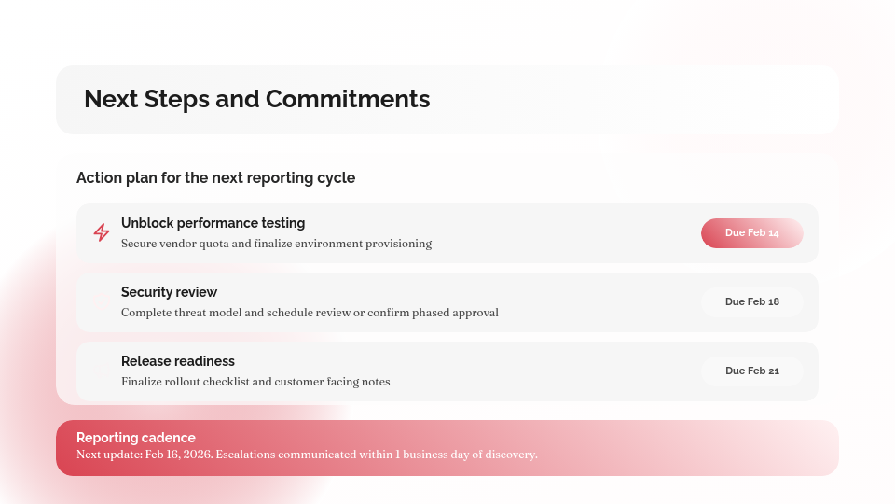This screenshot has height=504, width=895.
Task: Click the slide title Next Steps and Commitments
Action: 256,99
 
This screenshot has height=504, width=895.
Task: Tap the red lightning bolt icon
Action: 102,232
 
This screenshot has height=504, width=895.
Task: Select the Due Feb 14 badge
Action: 751,233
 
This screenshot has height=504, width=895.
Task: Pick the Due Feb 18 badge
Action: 751,302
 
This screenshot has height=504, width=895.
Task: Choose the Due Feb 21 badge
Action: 751,371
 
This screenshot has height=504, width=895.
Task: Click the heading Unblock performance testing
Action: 213,223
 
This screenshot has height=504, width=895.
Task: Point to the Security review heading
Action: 169,292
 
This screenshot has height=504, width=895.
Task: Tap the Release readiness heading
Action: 177,361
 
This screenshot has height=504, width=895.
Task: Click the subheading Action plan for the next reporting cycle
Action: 215,177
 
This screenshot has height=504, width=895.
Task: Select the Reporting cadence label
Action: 136,438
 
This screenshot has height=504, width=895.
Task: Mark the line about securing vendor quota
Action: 276,244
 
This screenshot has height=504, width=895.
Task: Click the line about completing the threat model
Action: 310,313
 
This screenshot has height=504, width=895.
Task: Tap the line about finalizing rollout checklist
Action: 255,382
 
